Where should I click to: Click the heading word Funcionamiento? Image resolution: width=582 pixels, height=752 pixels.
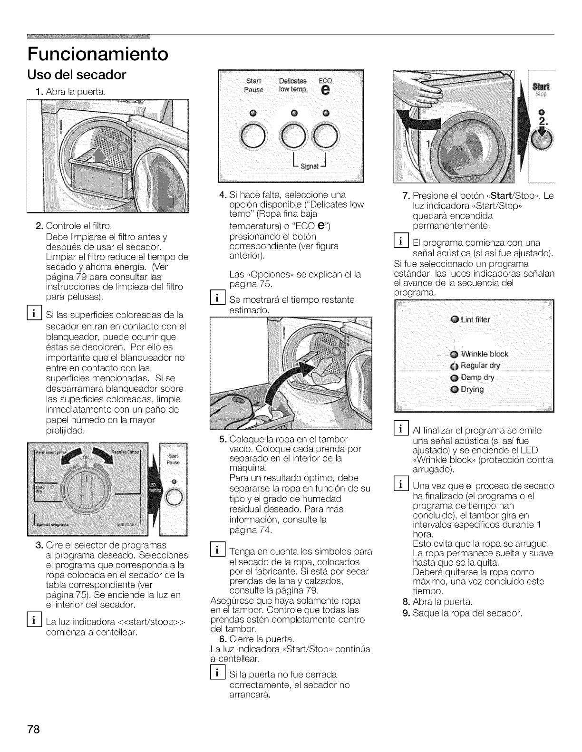pyautogui.click(x=97, y=54)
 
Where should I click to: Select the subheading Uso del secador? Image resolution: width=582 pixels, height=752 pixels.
pyautogui.click(x=77, y=75)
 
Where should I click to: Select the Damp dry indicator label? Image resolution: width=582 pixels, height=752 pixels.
pyautogui.click(x=477, y=377)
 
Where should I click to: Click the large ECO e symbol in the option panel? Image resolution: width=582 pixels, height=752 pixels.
pyautogui.click(x=325, y=90)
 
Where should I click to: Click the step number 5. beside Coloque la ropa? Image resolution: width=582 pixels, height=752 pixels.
pyautogui.click(x=224, y=439)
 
